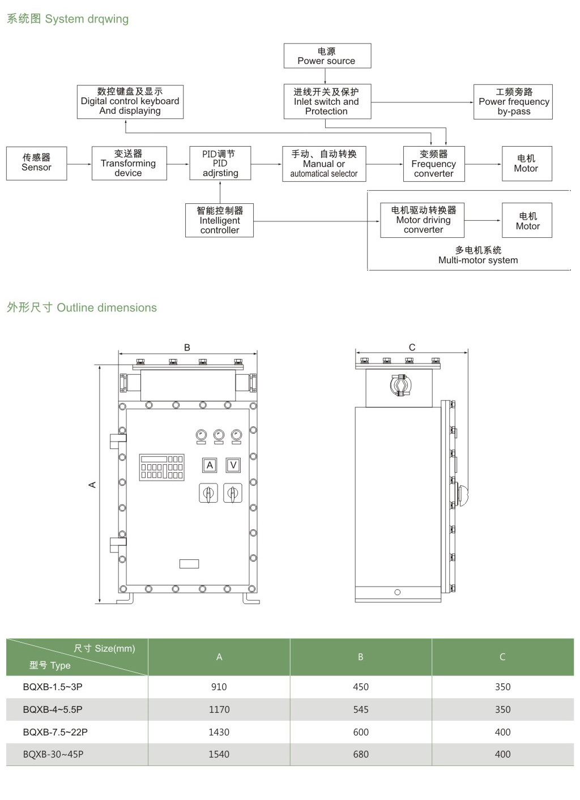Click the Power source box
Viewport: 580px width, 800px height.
pyautogui.click(x=327, y=56)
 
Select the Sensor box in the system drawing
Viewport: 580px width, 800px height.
pyautogui.click(x=36, y=163)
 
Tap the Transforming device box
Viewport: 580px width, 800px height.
pyautogui.click(x=129, y=163)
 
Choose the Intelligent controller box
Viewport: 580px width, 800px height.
pyautogui.click(x=219, y=220)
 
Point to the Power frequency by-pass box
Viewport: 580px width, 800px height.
pyautogui.click(x=513, y=102)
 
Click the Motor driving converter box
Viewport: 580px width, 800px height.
pyautogui.click(x=423, y=220)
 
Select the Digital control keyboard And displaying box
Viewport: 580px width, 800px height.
pyautogui.click(x=130, y=101)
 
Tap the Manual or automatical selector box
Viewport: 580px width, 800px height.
pyautogui.click(x=323, y=164)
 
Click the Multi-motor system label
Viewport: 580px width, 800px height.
pyautogui.click(x=478, y=255)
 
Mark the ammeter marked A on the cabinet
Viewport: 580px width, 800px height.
pyautogui.click(x=210, y=465)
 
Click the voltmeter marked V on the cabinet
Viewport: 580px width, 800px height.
pyautogui.click(x=233, y=465)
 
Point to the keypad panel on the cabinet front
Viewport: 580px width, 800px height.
pyautogui.click(x=161, y=467)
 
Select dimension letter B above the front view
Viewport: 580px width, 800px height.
pyautogui.click(x=187, y=347)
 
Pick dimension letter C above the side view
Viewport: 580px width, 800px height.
pyautogui.click(x=412, y=347)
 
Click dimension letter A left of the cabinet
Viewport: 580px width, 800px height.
pyautogui.click(x=92, y=485)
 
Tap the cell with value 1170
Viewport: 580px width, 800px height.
pyautogui.click(x=219, y=709)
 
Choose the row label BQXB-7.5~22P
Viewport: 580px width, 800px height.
pyautogui.click(x=55, y=732)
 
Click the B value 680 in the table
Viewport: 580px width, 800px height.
pyautogui.click(x=361, y=754)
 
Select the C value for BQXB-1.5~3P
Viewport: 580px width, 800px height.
pyautogui.click(x=502, y=687)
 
